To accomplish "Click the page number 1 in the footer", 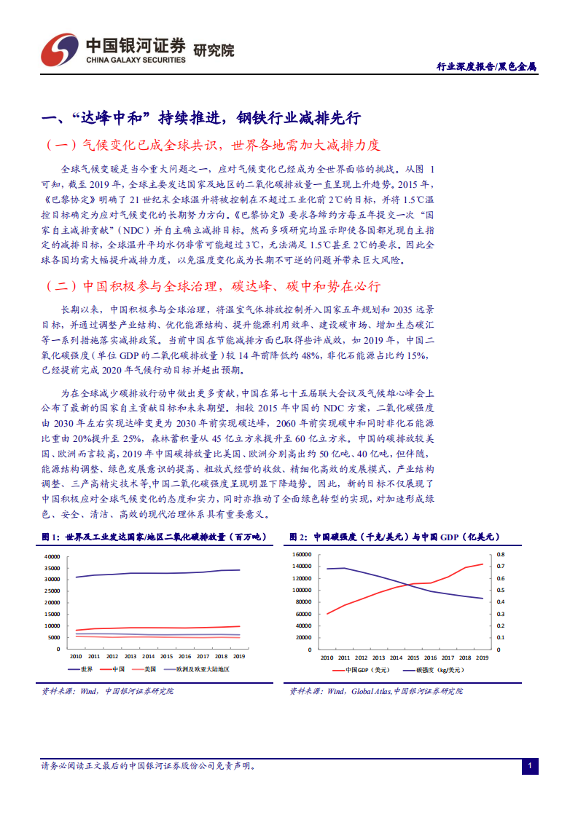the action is (530, 766).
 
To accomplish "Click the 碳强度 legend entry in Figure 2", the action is (430, 668).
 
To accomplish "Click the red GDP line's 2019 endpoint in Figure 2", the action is (483, 564).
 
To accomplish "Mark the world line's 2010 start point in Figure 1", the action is (76, 577).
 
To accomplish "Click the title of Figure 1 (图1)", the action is (154, 537).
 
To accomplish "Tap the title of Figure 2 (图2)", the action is (393, 537).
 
